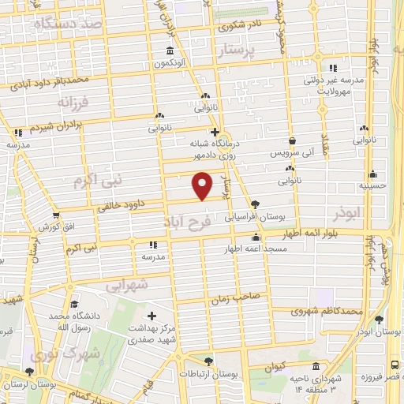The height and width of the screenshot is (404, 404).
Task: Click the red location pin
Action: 203,185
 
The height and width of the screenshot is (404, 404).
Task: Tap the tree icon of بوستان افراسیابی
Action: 254,203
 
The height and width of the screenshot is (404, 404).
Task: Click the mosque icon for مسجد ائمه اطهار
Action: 254,237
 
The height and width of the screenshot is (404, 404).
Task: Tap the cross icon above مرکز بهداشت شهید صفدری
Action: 151,316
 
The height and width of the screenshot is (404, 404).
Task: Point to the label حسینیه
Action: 372,187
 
